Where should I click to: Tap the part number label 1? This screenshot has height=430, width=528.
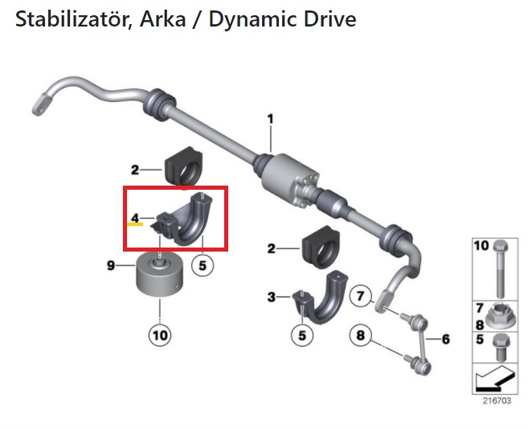pyautogui.click(x=270, y=119)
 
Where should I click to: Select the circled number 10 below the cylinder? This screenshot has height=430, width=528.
pyautogui.click(x=160, y=335)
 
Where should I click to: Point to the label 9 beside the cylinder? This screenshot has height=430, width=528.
pyautogui.click(x=111, y=266)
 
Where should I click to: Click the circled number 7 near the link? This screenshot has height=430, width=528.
pyautogui.click(x=361, y=296)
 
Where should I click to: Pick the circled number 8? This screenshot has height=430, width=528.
pyautogui.click(x=361, y=335)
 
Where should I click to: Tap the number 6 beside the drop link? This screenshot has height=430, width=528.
pyautogui.click(x=446, y=339)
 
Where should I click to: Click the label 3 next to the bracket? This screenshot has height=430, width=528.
pyautogui.click(x=271, y=297)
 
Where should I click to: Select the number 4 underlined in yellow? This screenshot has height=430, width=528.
pyautogui.click(x=135, y=218)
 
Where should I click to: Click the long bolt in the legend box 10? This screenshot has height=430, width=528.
pyautogui.click(x=500, y=269)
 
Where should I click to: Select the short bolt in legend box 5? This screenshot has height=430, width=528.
pyautogui.click(x=501, y=347)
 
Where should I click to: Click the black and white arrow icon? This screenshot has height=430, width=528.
pyautogui.click(x=495, y=378)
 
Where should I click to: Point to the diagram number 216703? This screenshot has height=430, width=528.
pyautogui.click(x=497, y=400)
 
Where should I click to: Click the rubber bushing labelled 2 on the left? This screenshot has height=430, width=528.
pyautogui.click(x=184, y=166)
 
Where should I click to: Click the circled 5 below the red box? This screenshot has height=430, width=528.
pyautogui.click(x=202, y=266)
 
